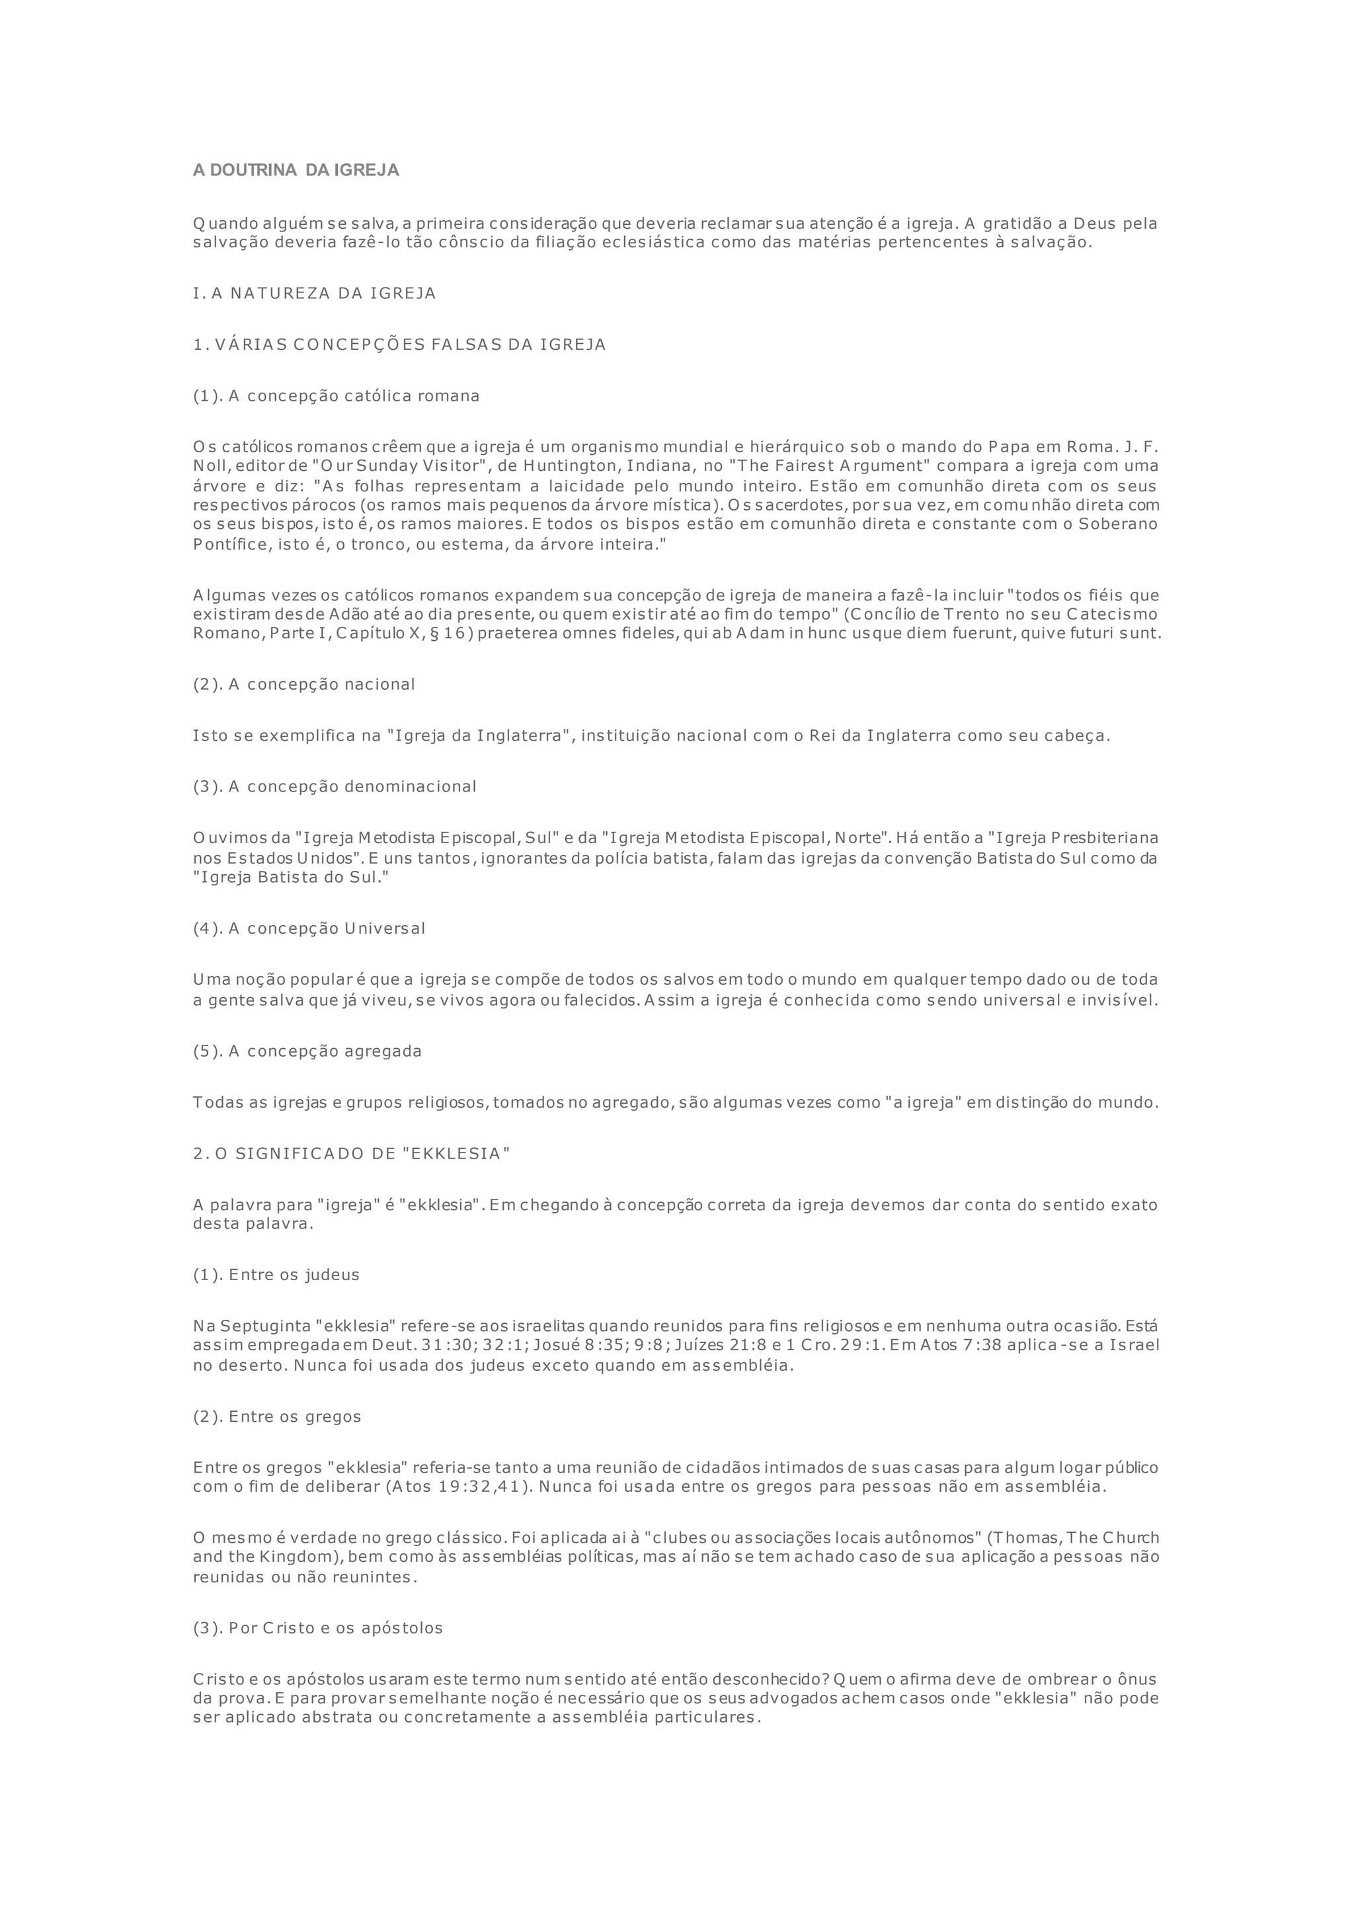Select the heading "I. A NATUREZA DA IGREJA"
click(x=314, y=294)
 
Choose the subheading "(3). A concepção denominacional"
click(x=335, y=786)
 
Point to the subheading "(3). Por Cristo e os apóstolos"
click(x=317, y=1627)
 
